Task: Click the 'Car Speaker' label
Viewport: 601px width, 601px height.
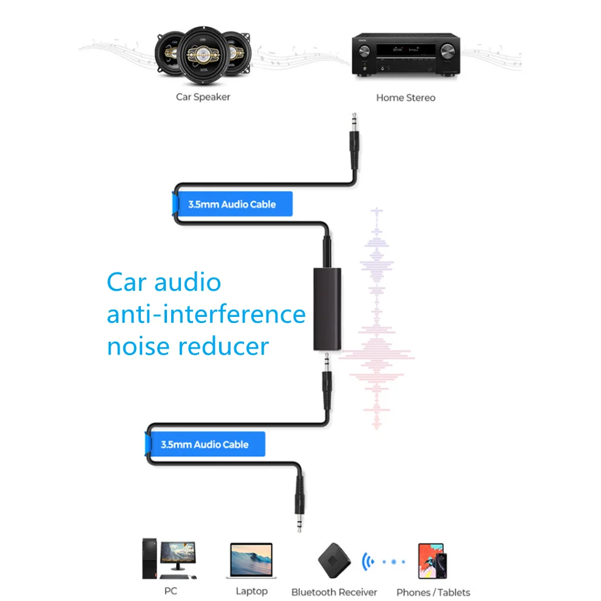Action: [203, 97]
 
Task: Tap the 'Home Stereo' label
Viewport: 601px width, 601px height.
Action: [406, 97]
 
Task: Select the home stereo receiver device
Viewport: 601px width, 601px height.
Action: [405, 55]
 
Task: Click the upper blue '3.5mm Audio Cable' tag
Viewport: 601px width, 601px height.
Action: [231, 204]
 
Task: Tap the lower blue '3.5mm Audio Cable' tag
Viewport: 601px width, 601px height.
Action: [205, 444]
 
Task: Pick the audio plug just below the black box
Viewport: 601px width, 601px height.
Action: [327, 376]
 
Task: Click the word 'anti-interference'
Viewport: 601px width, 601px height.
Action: [206, 314]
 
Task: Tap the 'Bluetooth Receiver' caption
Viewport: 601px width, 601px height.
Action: [334, 592]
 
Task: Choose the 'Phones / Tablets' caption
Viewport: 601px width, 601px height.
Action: [433, 592]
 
